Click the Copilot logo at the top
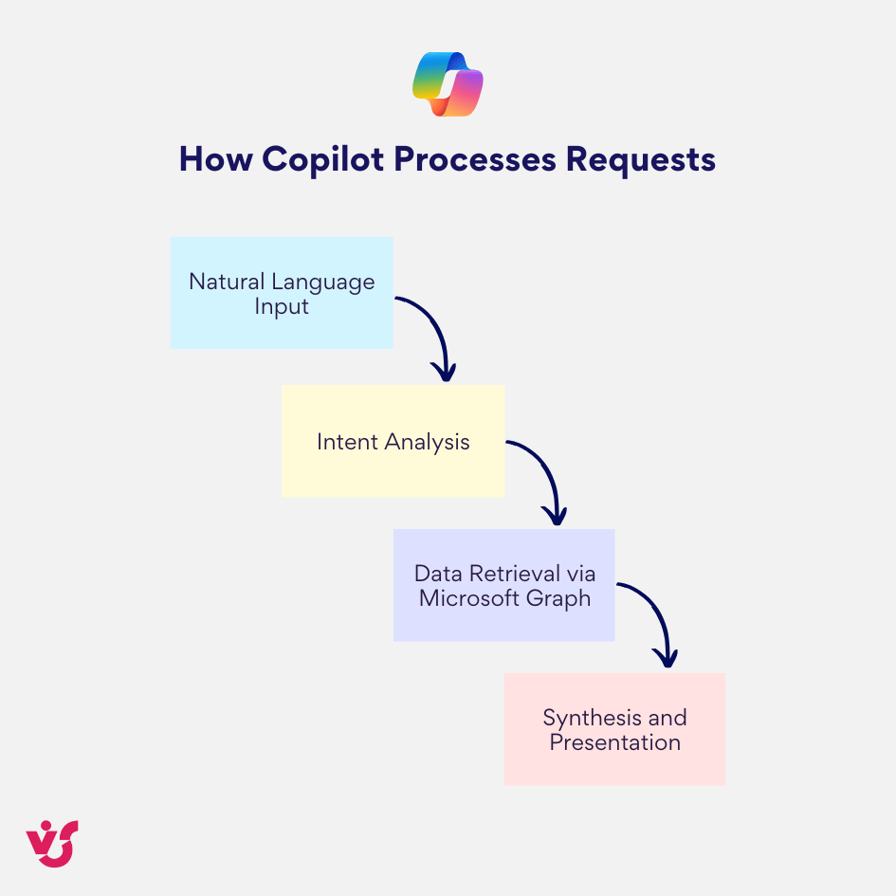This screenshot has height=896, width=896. [x=448, y=84]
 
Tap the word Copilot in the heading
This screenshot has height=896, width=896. [x=323, y=158]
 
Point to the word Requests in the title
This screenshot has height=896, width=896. [x=641, y=158]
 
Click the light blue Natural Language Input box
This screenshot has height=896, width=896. [x=282, y=292]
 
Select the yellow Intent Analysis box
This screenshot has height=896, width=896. [x=393, y=441]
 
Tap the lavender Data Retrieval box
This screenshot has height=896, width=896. [x=503, y=585]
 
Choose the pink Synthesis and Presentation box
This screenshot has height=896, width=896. [x=614, y=729]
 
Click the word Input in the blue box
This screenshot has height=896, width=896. [x=282, y=307]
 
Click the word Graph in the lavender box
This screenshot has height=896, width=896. [x=563, y=599]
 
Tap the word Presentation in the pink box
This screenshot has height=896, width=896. [x=615, y=742]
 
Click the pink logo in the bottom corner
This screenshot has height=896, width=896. [x=52, y=843]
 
